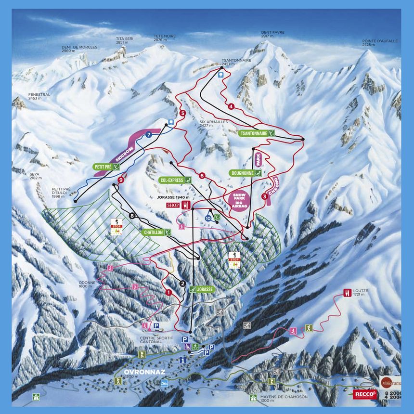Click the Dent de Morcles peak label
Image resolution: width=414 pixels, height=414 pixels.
coord(79,49)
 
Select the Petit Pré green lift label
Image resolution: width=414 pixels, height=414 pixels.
coord(105,167)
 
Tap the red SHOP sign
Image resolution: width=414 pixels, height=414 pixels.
coord(172,205)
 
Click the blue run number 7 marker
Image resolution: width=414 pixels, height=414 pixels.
coord(149,135)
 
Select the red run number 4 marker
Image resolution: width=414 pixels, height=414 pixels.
coord(231,106)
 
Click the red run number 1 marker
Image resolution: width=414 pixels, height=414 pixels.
coord(168,292)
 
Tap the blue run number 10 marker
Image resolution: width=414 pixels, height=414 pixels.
coord(208,218)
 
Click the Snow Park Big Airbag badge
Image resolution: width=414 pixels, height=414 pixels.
coord(239,199)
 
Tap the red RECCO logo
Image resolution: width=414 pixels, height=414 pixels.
coord(365,394)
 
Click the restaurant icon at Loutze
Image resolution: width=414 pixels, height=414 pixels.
coord(347,292)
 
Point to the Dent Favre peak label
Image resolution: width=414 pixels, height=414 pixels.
coord(272,34)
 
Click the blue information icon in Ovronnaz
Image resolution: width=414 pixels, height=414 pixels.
coord(182,360)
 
